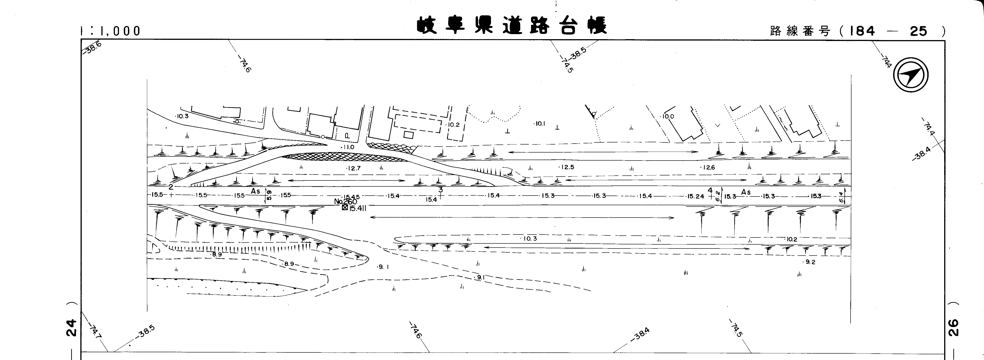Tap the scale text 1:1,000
tap(111, 31)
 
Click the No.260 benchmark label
tap(345, 201)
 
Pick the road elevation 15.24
tap(695, 196)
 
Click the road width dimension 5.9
tap(269, 195)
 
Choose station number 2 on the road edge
tap(171, 187)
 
